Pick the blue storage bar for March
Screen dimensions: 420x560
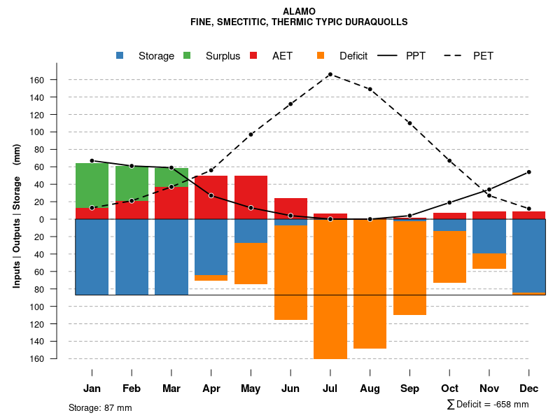[171, 257]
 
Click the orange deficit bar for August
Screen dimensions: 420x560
[370, 283]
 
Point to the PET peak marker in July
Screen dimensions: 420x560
[330, 74]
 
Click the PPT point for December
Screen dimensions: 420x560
[528, 172]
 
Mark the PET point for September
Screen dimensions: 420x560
[409, 123]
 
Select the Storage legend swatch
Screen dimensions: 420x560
[120, 56]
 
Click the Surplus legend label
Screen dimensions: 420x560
[223, 56]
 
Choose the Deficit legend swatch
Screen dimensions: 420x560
[321, 56]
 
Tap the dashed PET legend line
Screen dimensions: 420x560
[455, 56]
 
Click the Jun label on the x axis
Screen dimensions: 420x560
[290, 388]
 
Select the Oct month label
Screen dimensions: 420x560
[449, 388]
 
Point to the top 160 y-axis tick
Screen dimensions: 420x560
[56, 80]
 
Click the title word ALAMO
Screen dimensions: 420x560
[299, 11]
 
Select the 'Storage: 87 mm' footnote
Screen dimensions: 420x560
[100, 407]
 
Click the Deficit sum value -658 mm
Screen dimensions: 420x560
[505, 405]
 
